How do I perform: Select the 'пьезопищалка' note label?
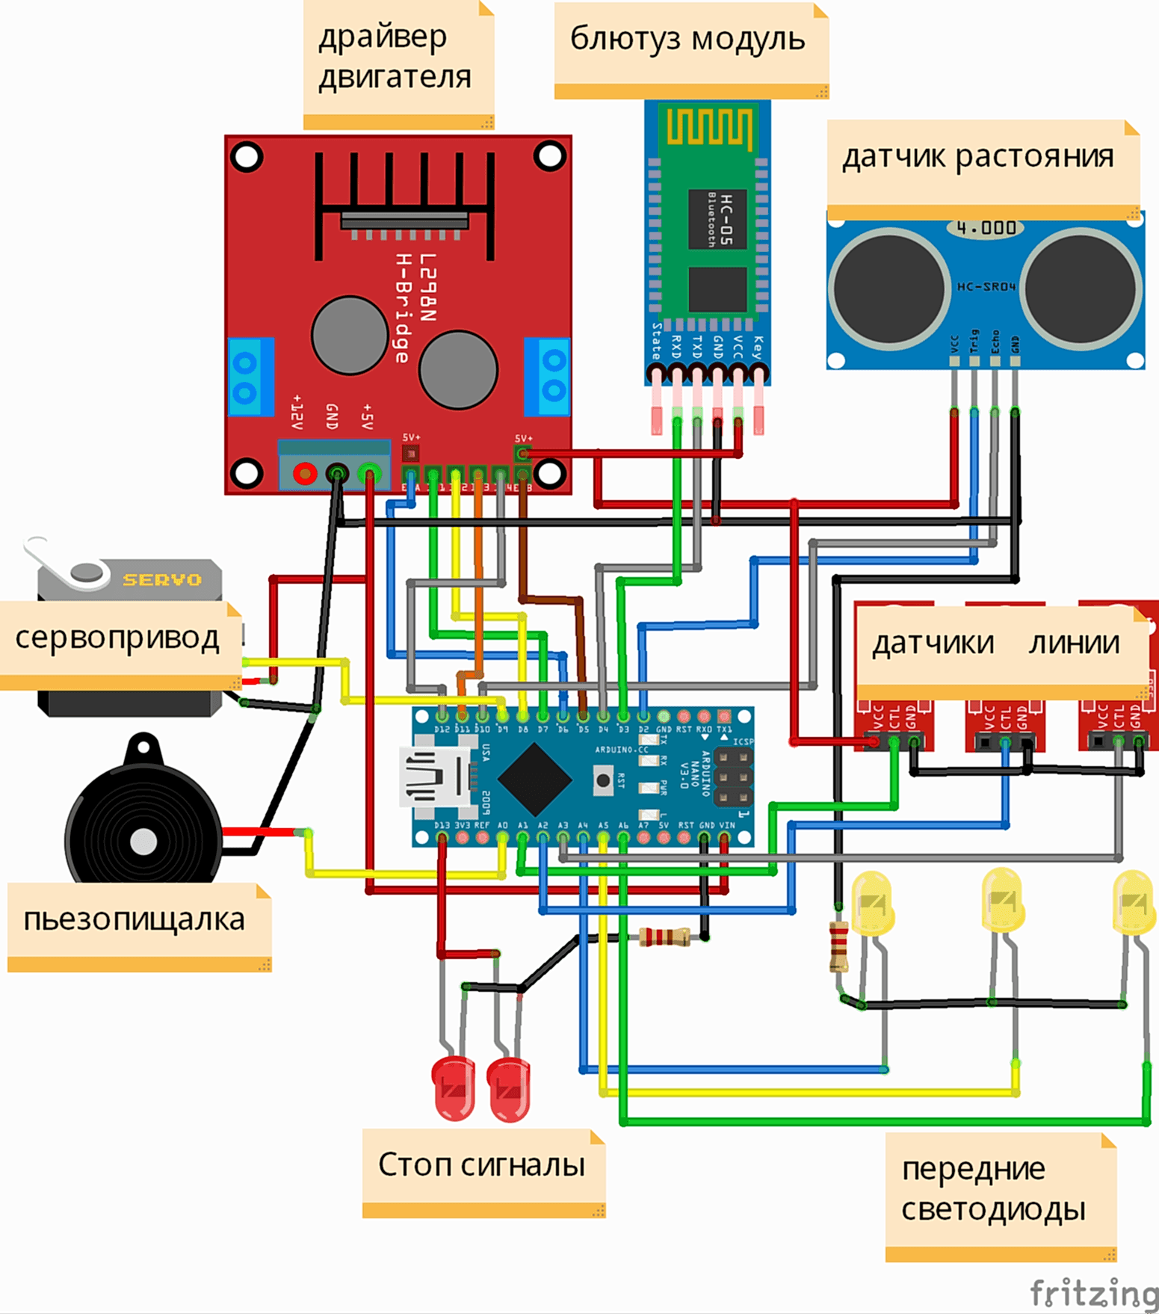[135, 919]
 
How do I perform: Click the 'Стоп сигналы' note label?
[481, 1165]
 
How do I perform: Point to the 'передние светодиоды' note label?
[994, 1188]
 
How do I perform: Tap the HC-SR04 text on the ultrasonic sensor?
[986, 286]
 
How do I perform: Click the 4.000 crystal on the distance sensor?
[986, 227]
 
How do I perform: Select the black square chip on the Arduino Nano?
[534, 780]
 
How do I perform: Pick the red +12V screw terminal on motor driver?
[305, 474]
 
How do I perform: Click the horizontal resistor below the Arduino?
[664, 937]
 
